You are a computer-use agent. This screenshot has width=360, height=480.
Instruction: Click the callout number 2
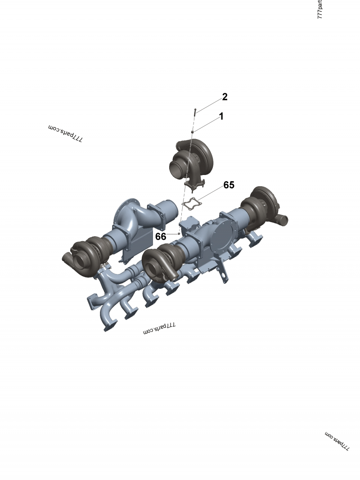tap(225, 97)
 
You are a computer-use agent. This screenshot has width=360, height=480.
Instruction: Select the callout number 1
tap(221, 116)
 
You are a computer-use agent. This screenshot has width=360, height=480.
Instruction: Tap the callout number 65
tap(229, 185)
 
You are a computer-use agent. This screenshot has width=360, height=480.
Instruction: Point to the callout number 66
tap(161, 236)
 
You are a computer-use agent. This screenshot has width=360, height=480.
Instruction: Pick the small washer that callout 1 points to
tap(193, 131)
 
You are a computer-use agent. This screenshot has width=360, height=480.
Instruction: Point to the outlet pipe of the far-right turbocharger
tap(282, 220)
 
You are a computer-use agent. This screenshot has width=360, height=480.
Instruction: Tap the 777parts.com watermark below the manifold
tap(159, 329)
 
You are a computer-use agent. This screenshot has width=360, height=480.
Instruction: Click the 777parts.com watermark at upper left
tap(65, 134)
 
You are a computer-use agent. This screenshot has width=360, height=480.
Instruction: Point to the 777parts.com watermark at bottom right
tap(337, 441)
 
